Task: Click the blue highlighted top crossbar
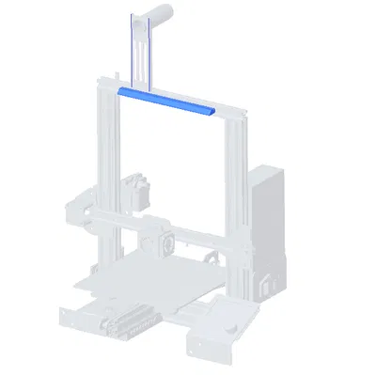tap(166, 101)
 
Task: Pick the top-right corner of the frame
tap(237, 115)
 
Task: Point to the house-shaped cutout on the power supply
tap(270, 283)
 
